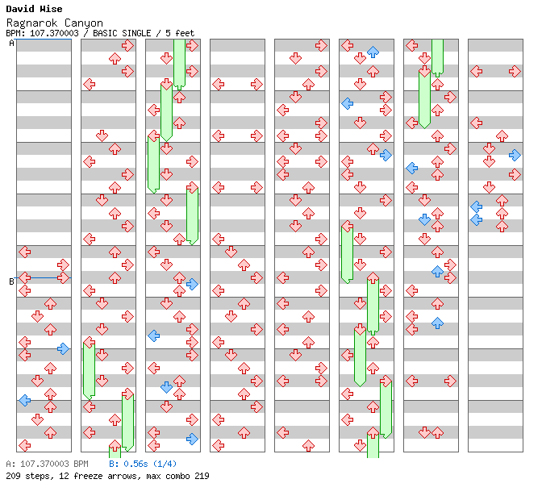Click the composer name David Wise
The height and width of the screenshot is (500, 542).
(x=33, y=9)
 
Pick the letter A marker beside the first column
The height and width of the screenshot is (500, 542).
(x=11, y=44)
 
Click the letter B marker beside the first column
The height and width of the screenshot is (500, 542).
(x=11, y=281)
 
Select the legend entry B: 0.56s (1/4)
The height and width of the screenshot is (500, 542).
(x=143, y=464)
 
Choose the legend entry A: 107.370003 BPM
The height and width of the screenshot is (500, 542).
(x=47, y=464)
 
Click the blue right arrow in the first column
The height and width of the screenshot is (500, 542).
(x=63, y=348)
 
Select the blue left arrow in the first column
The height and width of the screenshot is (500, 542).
(x=25, y=400)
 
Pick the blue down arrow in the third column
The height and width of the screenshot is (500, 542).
(x=166, y=387)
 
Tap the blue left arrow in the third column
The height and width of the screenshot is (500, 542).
(x=153, y=335)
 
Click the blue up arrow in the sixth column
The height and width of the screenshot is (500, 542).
(x=373, y=52)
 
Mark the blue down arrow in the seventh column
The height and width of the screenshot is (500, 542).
(x=424, y=219)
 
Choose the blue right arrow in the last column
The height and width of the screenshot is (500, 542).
(x=515, y=155)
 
